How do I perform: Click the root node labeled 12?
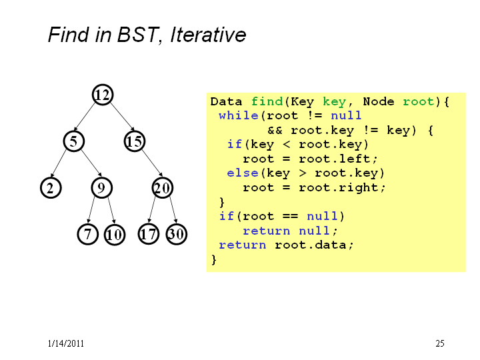(x=103, y=95)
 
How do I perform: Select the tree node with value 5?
(x=74, y=141)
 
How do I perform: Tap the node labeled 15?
(x=135, y=141)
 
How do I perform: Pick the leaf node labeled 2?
(x=51, y=187)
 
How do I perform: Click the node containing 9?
(x=101, y=187)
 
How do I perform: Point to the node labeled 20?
(x=163, y=187)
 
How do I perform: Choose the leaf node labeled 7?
(x=88, y=234)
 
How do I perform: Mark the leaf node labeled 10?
(x=115, y=235)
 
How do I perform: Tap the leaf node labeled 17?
(x=149, y=234)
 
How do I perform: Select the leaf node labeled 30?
(x=176, y=234)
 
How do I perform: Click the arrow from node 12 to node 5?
(x=85, y=117)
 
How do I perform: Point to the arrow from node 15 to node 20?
(x=152, y=163)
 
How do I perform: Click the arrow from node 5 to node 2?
(x=59, y=163)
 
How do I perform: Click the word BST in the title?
(x=138, y=34)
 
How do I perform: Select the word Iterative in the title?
(x=208, y=34)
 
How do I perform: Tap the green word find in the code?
(x=267, y=101)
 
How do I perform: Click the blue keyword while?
(x=239, y=116)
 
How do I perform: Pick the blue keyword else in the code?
(x=243, y=173)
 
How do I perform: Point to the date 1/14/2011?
(x=66, y=343)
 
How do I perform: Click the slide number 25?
(x=440, y=343)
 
